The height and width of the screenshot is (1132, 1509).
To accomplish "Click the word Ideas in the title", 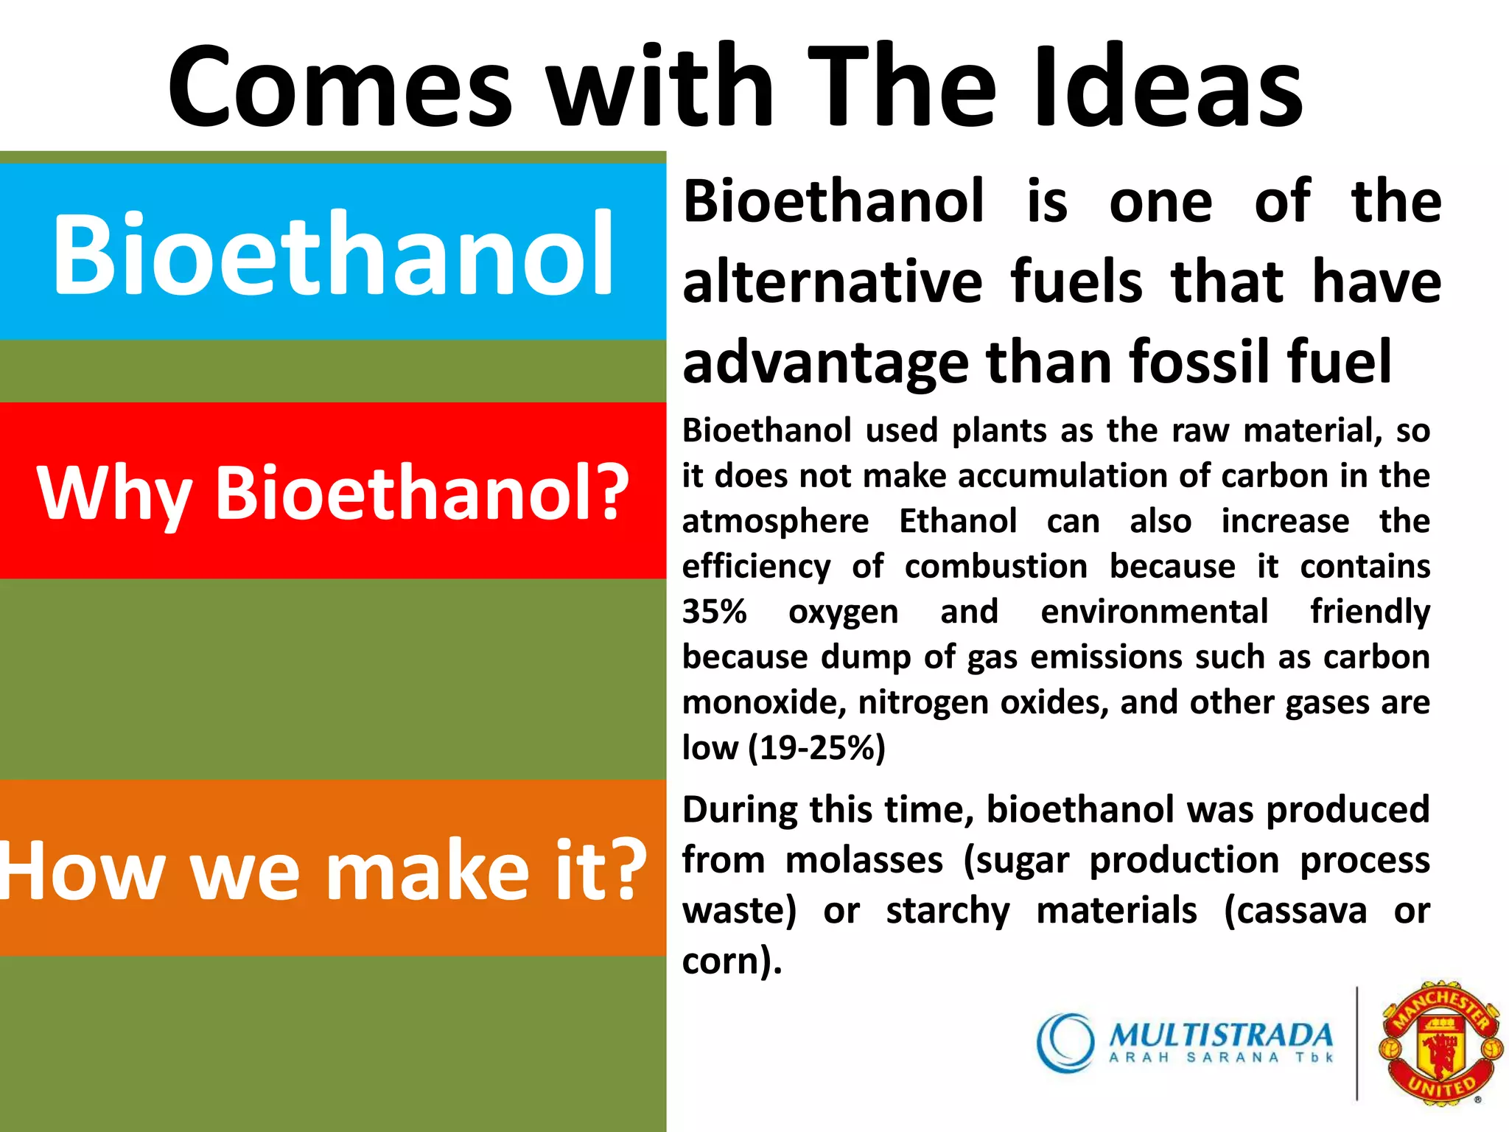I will [1167, 87].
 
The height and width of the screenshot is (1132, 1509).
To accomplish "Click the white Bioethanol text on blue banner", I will [332, 253].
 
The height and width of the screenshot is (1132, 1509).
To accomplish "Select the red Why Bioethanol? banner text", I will [332, 492].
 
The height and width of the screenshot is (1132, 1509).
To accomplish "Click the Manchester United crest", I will [1440, 1042].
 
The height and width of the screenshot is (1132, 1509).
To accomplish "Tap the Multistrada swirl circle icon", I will [1065, 1042].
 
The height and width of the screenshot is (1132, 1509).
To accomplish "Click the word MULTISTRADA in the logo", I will [1221, 1035].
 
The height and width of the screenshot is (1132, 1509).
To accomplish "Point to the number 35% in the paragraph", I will [714, 612].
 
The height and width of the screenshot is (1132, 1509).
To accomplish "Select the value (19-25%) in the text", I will [816, 747].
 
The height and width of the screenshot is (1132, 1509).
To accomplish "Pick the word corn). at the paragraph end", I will [731, 961].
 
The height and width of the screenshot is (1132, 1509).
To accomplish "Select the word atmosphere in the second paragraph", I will [775, 522].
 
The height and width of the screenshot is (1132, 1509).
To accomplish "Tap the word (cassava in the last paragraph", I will [1295, 911].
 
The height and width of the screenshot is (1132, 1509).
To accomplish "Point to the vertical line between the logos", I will [1356, 1042].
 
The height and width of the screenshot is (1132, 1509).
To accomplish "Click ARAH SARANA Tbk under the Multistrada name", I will [1221, 1058].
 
